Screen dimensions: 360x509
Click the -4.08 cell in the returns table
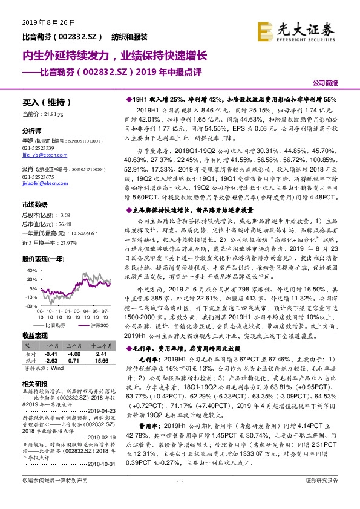click(74, 354)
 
